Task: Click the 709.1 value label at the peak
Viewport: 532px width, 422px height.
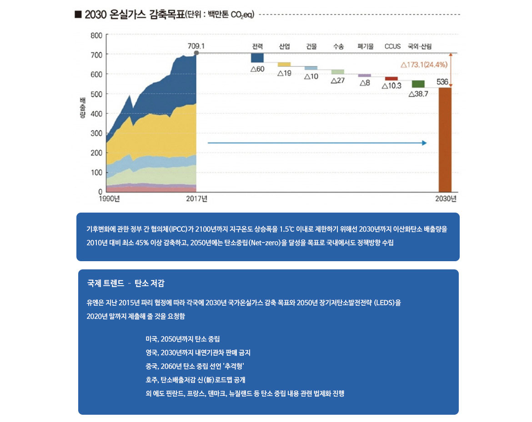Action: tap(196, 46)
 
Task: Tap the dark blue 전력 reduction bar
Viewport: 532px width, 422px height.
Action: tap(257, 58)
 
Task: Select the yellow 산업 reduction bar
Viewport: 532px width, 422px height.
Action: tap(284, 65)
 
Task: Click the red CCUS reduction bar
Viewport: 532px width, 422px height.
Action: tap(391, 79)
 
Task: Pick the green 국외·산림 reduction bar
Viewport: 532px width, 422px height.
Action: tap(418, 84)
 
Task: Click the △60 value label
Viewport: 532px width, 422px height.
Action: tap(257, 69)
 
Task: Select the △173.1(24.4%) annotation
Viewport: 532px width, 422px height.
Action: tap(424, 65)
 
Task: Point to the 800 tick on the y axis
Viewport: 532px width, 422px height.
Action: tap(96, 35)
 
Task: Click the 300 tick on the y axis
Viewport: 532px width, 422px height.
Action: tap(96, 133)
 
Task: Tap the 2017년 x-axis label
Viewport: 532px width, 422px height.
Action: tap(196, 199)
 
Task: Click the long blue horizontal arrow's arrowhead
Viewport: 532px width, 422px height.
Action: tap(424, 143)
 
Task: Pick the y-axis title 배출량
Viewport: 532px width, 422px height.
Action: tap(83, 108)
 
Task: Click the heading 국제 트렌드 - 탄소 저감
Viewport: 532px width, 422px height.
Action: tap(125, 283)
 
